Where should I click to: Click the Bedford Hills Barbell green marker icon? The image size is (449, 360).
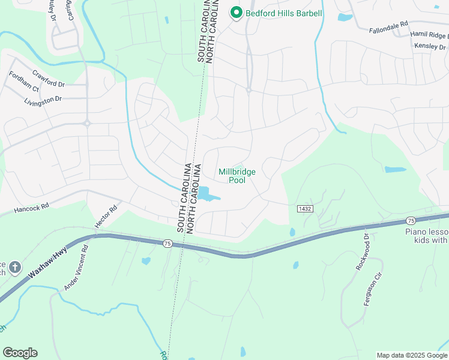point(236,13)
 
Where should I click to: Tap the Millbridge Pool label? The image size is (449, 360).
point(237,176)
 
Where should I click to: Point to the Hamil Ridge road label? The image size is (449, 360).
point(429,35)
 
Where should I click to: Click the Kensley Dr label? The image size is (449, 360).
point(430,46)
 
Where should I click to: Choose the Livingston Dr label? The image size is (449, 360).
point(43,99)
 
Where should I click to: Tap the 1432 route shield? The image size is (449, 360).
point(304,208)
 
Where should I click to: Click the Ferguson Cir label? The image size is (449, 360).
point(373,289)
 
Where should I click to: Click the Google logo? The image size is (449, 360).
point(20,353)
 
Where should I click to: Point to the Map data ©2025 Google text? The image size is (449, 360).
point(412,355)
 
